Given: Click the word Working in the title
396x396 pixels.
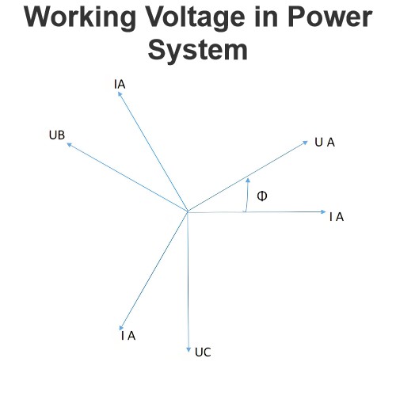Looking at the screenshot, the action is (x=80, y=18).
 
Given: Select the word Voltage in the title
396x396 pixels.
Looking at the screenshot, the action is (x=196, y=18).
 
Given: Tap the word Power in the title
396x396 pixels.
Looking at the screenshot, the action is (x=330, y=17).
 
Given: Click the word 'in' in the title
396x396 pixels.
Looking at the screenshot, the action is (x=267, y=17).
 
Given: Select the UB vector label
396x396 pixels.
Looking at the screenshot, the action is (x=57, y=135).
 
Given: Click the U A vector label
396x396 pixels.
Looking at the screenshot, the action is (x=325, y=143).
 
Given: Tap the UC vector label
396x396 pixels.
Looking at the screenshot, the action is (x=203, y=352).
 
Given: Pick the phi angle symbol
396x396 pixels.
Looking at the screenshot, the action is (x=262, y=196).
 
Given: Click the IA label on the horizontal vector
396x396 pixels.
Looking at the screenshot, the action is (x=337, y=217).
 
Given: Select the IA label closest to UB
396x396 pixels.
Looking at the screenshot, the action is (x=120, y=85).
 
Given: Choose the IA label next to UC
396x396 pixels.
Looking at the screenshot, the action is (x=128, y=336).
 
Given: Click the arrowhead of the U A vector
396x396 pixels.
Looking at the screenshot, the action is (x=306, y=143).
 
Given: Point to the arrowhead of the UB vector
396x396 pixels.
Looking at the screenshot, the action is (x=69, y=144).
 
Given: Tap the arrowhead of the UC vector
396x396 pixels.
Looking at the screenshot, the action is (x=188, y=350).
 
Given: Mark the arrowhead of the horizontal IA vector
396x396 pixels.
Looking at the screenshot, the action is (x=324, y=211).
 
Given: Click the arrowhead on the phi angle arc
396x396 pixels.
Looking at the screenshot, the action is (x=248, y=180).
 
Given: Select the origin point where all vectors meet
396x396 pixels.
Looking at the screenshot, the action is (x=188, y=211).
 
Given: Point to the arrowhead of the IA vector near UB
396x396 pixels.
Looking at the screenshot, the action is (x=120, y=93).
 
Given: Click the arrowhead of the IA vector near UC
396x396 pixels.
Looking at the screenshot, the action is (x=121, y=328).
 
